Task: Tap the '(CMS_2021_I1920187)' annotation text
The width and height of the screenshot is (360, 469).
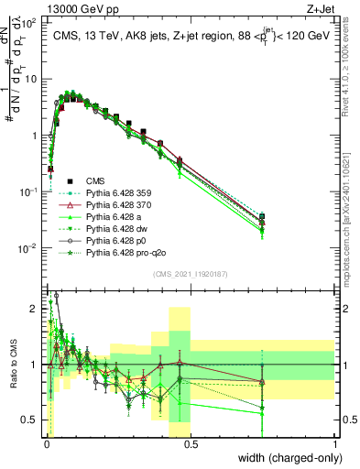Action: point(191,273)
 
